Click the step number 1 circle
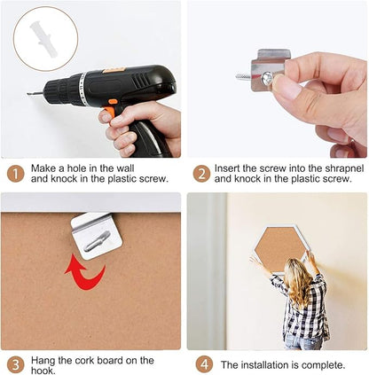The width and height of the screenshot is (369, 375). tap(15, 174)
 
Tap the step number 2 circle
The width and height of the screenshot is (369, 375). tap(201, 174)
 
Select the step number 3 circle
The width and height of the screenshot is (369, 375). tap(15, 364)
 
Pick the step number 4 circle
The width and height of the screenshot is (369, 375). tap(204, 364)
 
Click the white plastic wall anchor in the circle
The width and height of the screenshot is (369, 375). tap(43, 39)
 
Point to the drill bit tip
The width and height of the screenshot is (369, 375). tap(27, 94)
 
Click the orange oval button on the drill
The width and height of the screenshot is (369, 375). tap(113, 102)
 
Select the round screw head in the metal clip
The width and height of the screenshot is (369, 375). tap(267, 79)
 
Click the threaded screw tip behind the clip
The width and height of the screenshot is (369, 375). tap(243, 77)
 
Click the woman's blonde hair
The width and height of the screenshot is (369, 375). tap(299, 282)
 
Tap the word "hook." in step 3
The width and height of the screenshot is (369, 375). tap(43, 371)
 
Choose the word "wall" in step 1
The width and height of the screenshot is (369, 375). tap(125, 168)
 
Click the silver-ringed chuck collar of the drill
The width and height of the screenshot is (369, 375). tap(82, 89)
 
